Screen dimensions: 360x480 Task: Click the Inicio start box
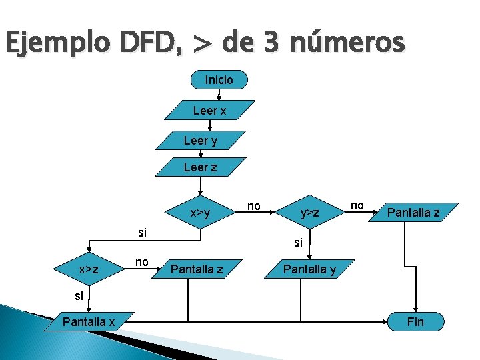219,80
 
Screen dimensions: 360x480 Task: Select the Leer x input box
210,111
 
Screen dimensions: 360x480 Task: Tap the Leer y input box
201,141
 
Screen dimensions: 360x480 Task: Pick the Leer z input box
201,167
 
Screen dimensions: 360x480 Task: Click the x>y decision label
200,213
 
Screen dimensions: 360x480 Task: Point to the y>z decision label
310,213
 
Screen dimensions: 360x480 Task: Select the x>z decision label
89,269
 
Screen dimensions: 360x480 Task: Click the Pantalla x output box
89,323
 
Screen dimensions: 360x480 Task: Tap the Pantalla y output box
309,269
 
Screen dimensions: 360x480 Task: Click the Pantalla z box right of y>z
413,213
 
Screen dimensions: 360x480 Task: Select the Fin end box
415,323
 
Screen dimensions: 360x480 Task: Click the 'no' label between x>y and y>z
254,206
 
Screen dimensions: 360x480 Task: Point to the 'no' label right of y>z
357,205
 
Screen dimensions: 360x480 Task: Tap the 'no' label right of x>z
141,262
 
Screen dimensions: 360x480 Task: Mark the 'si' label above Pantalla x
79,295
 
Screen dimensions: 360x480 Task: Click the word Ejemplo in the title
50,44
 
